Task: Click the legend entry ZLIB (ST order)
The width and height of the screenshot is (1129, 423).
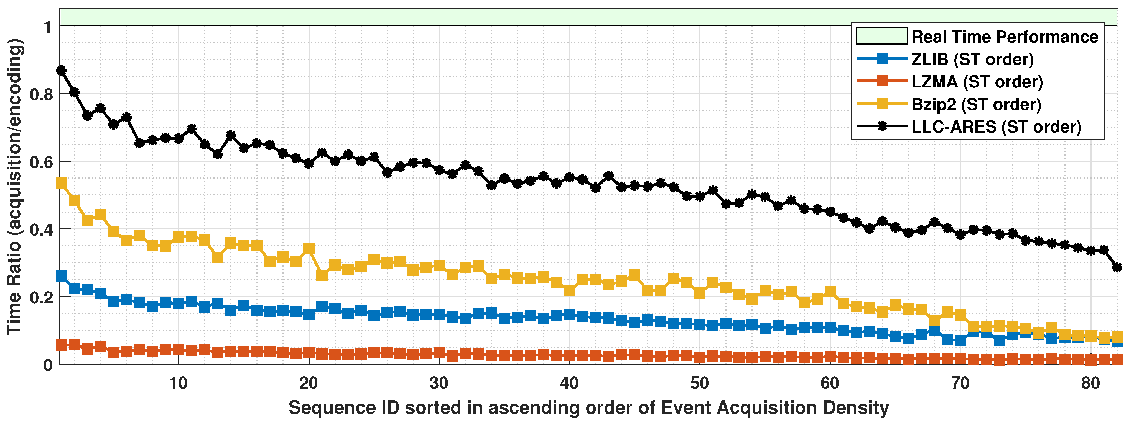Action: click(972, 59)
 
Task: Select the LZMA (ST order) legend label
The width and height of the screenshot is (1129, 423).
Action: click(977, 82)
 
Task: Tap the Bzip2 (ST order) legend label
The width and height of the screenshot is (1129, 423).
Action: click(976, 105)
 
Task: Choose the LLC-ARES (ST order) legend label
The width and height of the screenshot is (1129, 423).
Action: click(996, 127)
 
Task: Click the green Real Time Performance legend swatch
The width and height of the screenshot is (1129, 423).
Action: click(881, 36)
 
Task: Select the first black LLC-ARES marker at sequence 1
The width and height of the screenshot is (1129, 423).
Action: click(61, 71)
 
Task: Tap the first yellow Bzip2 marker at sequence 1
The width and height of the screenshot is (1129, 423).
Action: click(61, 183)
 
